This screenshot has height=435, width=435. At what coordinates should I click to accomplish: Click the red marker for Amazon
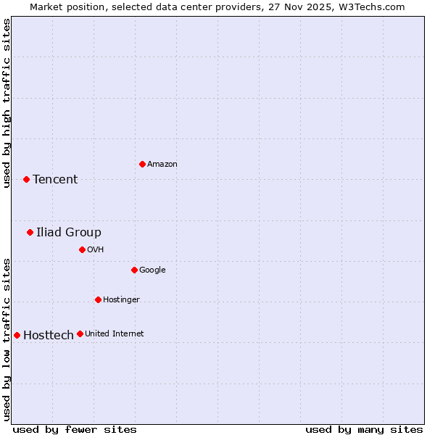coord(142,164)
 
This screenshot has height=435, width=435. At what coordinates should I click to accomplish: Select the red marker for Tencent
coord(26,179)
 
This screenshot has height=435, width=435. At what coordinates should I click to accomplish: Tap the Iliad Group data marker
coord(30,232)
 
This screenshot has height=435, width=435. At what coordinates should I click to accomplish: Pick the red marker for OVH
coord(82,249)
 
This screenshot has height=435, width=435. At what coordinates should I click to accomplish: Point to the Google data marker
coord(134,270)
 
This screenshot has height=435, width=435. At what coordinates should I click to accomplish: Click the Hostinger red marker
coord(98,299)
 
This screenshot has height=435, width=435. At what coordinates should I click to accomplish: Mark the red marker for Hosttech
coord(17,335)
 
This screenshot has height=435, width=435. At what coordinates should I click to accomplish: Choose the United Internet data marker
coord(80,333)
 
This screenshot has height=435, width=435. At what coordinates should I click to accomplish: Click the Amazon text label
coord(162,165)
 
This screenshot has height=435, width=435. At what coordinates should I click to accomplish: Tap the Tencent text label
coord(55,180)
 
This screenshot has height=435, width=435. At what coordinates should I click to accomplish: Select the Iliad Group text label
coord(69,233)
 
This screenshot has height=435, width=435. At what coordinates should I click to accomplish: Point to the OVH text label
coord(96,250)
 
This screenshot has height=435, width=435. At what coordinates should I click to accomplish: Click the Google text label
coord(152,270)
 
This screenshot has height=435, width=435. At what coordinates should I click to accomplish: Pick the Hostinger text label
coord(121,300)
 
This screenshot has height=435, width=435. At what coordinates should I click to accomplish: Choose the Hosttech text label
coord(49,336)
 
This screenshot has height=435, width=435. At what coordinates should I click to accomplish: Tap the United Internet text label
coord(115,334)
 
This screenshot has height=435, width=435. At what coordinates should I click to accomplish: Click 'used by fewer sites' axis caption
coord(75,430)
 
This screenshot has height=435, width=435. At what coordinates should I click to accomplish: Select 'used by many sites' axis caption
coord(364,430)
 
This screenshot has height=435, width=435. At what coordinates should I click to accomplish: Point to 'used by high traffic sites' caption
coord(7,103)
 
